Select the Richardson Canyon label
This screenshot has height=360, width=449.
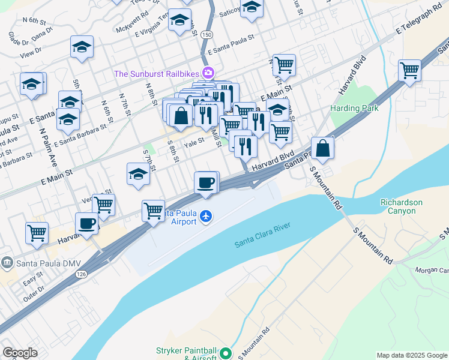click(x=402, y=206)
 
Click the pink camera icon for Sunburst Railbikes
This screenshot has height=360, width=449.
click(x=208, y=73)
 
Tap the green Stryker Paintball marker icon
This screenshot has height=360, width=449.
click(x=226, y=353)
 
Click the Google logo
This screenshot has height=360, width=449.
click(x=20, y=353)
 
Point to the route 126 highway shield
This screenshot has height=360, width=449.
click(x=80, y=274)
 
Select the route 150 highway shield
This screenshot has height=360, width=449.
click(x=206, y=35)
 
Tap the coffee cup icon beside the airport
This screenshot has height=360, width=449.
click(x=206, y=182)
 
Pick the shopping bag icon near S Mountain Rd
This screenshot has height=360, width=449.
click(x=322, y=148)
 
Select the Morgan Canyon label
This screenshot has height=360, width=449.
click(x=432, y=270)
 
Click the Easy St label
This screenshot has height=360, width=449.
click(x=32, y=277)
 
